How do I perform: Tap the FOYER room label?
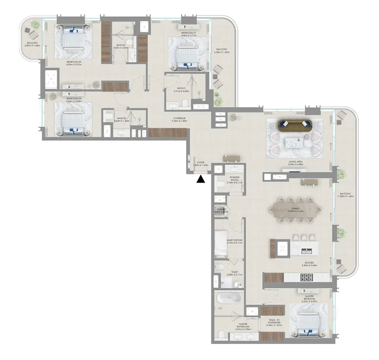(201, 162)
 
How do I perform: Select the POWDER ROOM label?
(235, 179)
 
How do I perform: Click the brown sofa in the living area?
(294, 124)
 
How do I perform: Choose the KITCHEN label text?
(310, 262)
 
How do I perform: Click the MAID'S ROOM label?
(234, 241)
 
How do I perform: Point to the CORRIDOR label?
(179, 118)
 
